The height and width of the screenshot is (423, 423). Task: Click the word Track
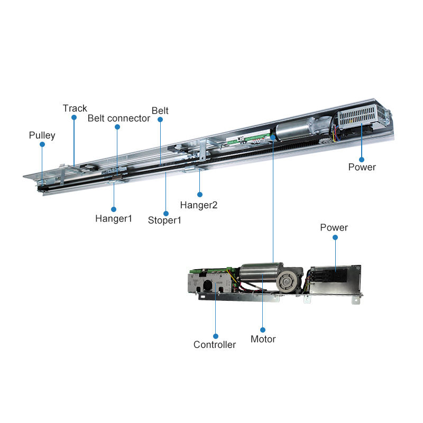(75, 108)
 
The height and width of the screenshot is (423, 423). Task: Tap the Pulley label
(42, 135)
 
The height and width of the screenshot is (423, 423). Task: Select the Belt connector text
(119, 118)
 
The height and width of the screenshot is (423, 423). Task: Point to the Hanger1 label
(114, 218)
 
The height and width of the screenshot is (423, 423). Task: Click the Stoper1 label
(164, 220)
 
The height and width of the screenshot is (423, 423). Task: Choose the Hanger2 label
(199, 205)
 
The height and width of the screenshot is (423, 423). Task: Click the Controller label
(215, 345)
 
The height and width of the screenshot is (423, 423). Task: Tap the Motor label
(263, 339)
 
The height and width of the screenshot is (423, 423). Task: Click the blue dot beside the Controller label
(216, 335)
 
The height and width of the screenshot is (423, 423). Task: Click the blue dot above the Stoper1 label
(165, 209)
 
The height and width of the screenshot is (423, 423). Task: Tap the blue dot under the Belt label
(160, 120)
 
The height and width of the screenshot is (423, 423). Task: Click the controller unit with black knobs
(212, 283)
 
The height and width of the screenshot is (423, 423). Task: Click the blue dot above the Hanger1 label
(114, 207)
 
